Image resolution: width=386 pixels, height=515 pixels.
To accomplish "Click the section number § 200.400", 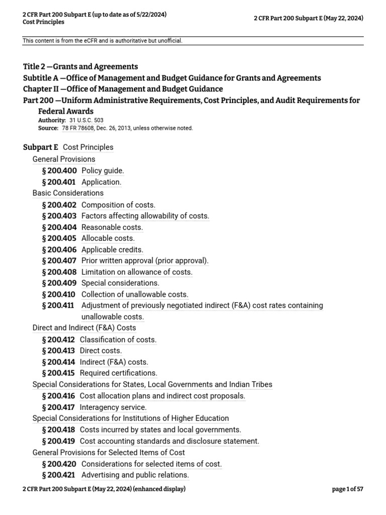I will coord(59,171).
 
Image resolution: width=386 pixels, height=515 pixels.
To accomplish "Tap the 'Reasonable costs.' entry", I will coord(112,227).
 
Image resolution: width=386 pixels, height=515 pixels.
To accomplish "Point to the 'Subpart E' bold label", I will coord(41,147).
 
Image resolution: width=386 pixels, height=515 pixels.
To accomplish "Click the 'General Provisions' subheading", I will coord(64,159).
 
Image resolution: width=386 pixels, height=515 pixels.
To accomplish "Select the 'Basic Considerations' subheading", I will coord(68,193).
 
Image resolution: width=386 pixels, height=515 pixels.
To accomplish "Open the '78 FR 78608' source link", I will coord(81,128).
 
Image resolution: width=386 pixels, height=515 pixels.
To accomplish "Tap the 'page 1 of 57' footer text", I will coord(348,489).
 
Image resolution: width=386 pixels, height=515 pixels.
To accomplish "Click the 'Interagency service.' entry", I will coord(113,407).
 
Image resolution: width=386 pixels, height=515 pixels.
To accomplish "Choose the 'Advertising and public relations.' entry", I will coord(135,475).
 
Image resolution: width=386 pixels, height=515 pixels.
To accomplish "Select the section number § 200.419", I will coord(59,442).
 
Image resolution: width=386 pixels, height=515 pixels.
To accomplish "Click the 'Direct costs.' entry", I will coord(101,351).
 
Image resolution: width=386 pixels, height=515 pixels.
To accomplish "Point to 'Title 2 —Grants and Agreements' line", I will coord(80,66).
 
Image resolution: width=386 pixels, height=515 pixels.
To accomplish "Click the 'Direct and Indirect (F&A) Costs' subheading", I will coord(84,328).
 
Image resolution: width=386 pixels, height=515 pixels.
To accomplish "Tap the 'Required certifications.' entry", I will coord(118,373).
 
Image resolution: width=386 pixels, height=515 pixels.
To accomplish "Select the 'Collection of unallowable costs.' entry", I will coord(135,295).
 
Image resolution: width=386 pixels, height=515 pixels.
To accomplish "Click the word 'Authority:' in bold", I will coord(52,121).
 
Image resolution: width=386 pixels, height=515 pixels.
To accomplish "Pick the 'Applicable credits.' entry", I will coord(112,250).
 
